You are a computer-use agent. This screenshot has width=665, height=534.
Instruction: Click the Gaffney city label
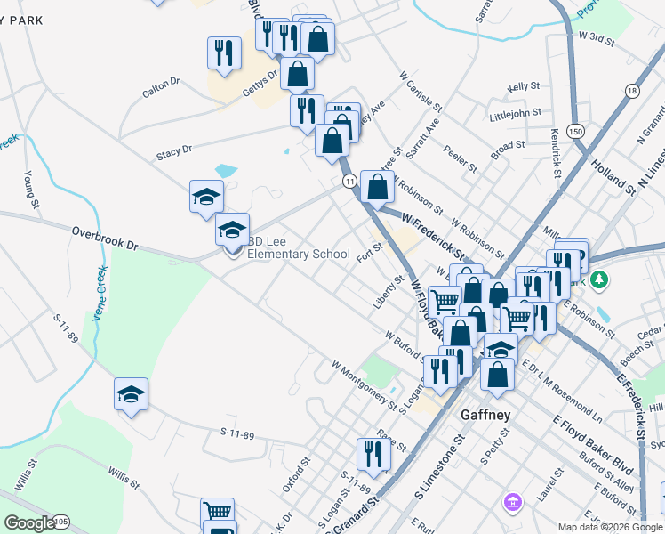[483, 415]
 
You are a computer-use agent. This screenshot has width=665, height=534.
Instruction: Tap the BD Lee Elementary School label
[298, 247]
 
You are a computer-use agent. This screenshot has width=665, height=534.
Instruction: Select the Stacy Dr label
[174, 152]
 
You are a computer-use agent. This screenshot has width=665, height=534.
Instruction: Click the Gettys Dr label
[259, 82]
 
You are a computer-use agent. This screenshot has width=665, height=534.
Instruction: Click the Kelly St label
[524, 86]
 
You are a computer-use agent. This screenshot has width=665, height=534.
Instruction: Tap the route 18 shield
[631, 91]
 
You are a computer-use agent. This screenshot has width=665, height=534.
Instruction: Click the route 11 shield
[350, 181]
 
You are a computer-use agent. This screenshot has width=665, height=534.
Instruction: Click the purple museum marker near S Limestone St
[511, 505]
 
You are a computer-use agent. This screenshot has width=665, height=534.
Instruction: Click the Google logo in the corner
[29, 523]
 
